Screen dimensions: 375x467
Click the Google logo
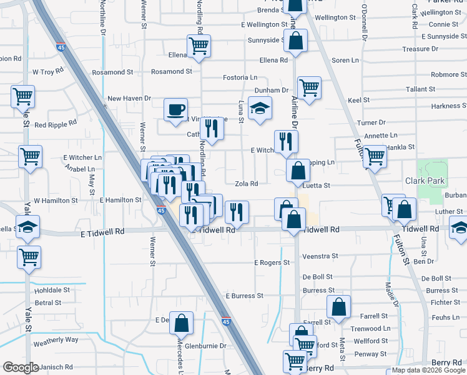[21, 367]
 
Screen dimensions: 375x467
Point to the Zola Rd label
[246, 184]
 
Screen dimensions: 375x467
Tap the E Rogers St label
[272, 262]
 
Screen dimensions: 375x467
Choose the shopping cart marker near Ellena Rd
[199, 46]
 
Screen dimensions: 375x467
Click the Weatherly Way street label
[56, 340]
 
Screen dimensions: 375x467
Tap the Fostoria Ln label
[240, 77]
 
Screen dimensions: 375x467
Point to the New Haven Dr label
[129, 98]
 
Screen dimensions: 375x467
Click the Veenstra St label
[320, 256]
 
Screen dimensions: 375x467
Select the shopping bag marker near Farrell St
[338, 307]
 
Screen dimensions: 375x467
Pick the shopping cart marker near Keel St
[309, 88]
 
